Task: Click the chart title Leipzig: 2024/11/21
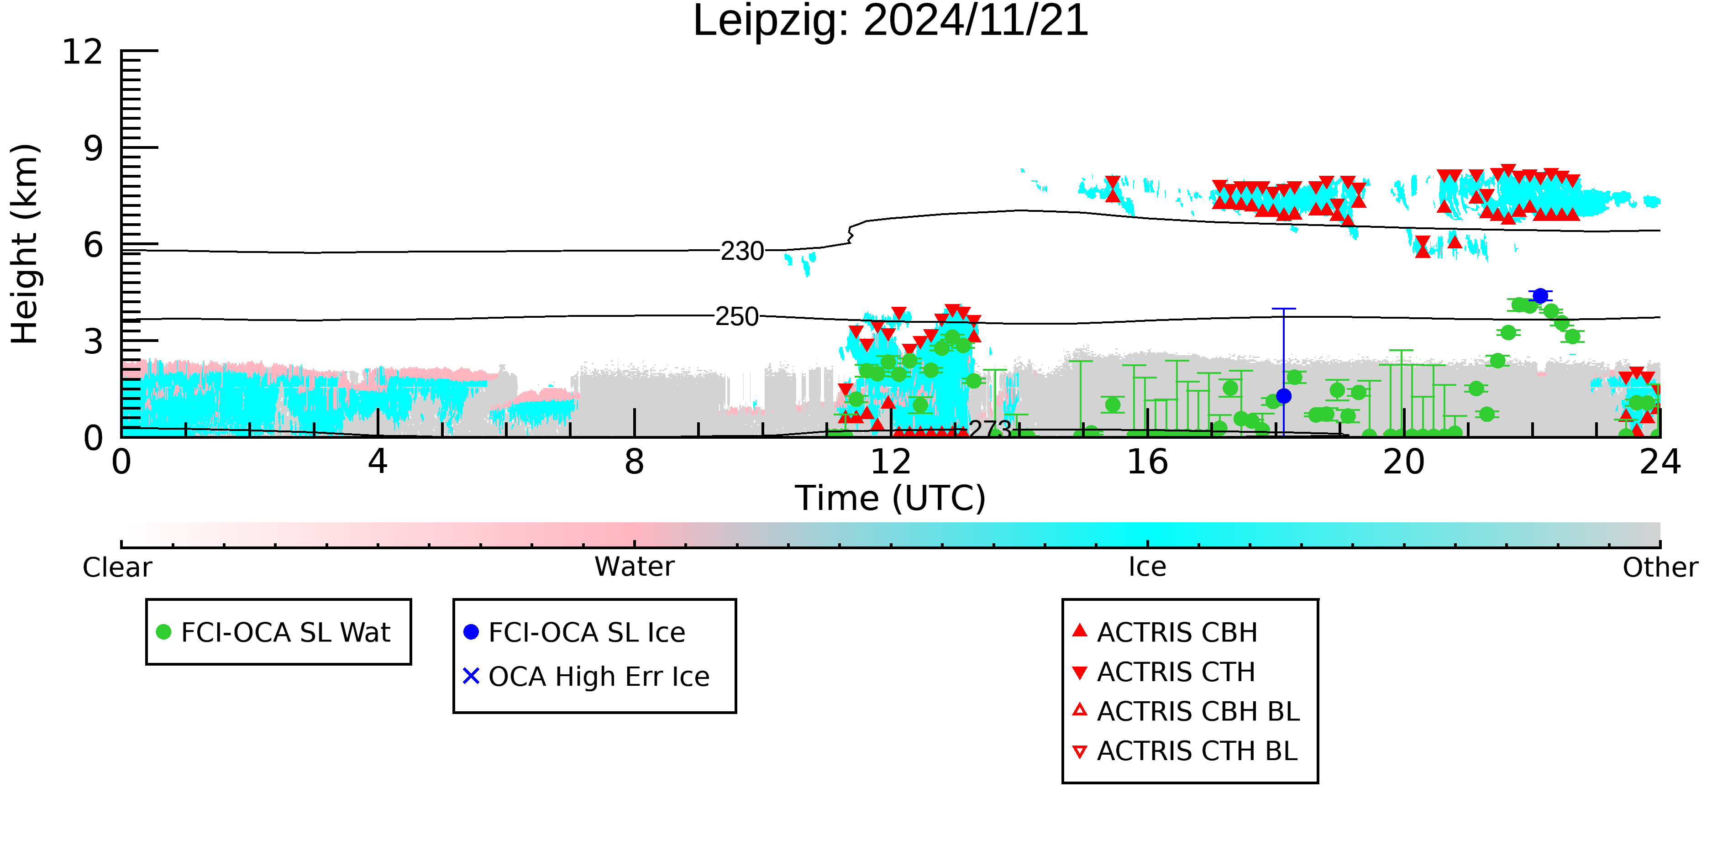click(891, 21)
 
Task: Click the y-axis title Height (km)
click(25, 244)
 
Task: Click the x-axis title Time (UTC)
click(891, 499)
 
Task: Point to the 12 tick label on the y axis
click(83, 52)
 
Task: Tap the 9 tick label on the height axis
click(94, 148)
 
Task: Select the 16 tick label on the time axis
click(1147, 462)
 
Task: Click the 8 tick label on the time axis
click(635, 462)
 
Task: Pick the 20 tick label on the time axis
click(1404, 462)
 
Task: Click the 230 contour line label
click(742, 251)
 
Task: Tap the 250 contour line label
click(736, 316)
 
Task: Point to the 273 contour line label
click(990, 429)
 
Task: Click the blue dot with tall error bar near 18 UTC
click(1284, 396)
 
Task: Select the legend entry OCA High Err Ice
click(587, 677)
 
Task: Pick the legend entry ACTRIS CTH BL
click(1185, 751)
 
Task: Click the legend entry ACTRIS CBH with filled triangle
click(1165, 632)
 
